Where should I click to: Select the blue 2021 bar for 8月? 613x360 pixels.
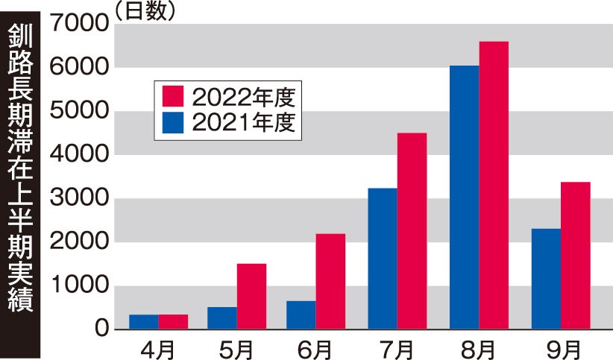click(464, 198)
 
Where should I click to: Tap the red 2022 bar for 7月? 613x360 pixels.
click(412, 231)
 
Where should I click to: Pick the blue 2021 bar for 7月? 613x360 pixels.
click(382, 259)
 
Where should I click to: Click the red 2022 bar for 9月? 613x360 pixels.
click(576, 256)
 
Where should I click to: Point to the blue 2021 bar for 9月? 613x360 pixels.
click(546, 279)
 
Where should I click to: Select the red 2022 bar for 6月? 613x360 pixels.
click(330, 281)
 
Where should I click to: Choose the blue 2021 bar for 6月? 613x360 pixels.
click(301, 315)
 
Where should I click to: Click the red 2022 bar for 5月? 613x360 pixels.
click(251, 296)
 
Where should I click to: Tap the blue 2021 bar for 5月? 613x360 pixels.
click(222, 318)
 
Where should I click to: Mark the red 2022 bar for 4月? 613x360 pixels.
click(173, 321)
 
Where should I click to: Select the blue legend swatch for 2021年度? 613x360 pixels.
click(173, 121)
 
